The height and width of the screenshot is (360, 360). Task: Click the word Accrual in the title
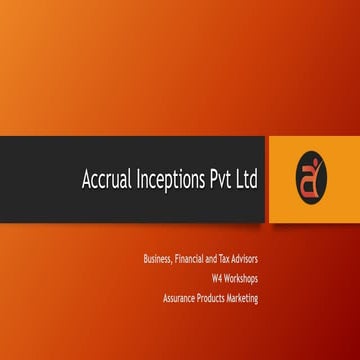click(107, 181)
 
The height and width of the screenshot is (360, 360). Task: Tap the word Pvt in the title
click(226, 181)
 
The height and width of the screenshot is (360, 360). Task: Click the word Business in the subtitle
click(159, 260)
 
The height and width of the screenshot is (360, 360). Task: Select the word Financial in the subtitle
click(193, 260)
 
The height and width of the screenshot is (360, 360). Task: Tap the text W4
click(217, 279)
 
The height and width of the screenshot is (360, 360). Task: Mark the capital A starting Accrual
click(87, 181)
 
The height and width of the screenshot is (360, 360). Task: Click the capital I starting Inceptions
click(138, 181)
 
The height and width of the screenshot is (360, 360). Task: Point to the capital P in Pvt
click(218, 181)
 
